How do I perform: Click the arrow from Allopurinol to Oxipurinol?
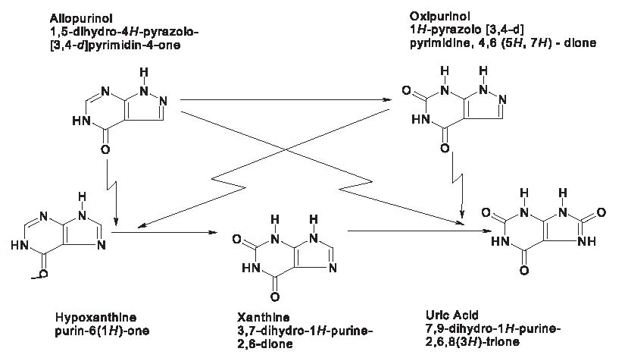[288, 100]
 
